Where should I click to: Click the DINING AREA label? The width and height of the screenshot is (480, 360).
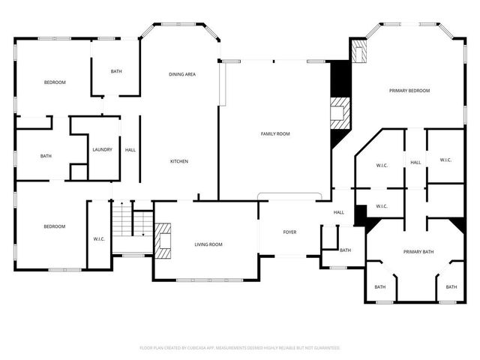(182, 74)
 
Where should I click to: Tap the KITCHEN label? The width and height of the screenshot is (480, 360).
(178, 161)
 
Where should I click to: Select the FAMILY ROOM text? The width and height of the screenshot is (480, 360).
(275, 133)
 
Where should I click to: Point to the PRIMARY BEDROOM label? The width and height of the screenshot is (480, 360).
(409, 91)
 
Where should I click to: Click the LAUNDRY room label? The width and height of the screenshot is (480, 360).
(103, 149)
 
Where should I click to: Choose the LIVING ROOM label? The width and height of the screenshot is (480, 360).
(208, 244)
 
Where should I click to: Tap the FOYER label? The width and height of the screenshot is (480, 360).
(289, 232)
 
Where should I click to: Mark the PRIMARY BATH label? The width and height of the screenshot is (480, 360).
(419, 251)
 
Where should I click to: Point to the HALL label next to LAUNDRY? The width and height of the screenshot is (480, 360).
(130, 149)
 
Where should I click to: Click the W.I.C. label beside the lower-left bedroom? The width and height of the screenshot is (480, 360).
(99, 238)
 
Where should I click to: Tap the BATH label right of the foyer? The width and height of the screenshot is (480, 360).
(345, 250)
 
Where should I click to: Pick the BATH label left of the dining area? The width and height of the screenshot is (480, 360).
(116, 71)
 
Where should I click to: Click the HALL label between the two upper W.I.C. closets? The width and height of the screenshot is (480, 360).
(415, 162)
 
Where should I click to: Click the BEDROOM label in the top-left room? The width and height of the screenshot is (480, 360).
(54, 82)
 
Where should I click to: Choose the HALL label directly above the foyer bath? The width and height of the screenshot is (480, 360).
(339, 212)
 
